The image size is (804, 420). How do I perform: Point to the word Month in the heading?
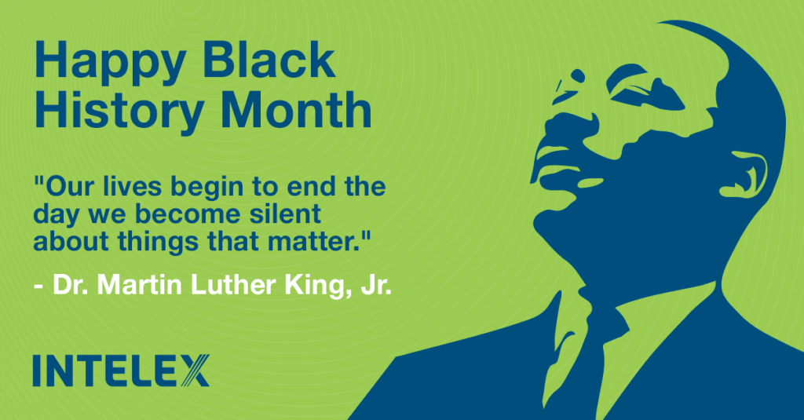[x=296, y=109]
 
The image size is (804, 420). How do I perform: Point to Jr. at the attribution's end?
[x=376, y=285]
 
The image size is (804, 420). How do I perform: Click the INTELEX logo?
[x=121, y=371]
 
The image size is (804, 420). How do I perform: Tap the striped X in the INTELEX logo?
[x=196, y=371]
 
